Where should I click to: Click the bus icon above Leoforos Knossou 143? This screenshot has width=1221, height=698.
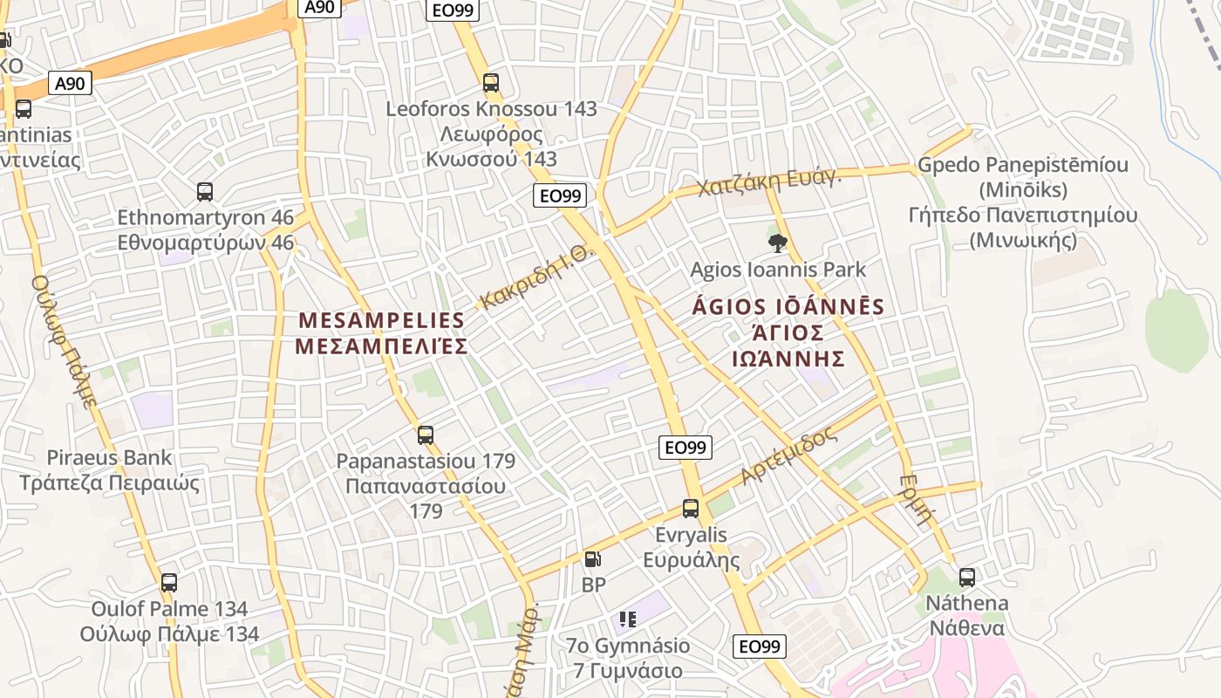tap(491, 83)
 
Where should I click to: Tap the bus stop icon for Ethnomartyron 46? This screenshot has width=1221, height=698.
tap(205, 192)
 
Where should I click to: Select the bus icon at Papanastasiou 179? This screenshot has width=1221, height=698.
tap(426, 435)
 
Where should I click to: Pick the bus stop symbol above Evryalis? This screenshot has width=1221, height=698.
tap(691, 508)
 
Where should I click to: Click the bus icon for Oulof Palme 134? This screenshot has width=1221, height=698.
tap(169, 582)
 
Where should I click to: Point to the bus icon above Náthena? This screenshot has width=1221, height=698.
tap(967, 577)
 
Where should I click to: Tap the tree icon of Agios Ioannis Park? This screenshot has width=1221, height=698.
tap(777, 243)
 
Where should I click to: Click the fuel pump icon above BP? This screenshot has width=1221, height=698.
tap(592, 559)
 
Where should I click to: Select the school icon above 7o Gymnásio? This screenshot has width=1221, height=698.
tap(628, 619)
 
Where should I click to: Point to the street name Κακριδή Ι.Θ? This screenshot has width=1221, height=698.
tap(536, 278)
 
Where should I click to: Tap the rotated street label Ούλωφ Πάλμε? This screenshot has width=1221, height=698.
tap(64, 341)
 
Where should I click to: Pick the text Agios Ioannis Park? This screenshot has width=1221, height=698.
tap(779, 270)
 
